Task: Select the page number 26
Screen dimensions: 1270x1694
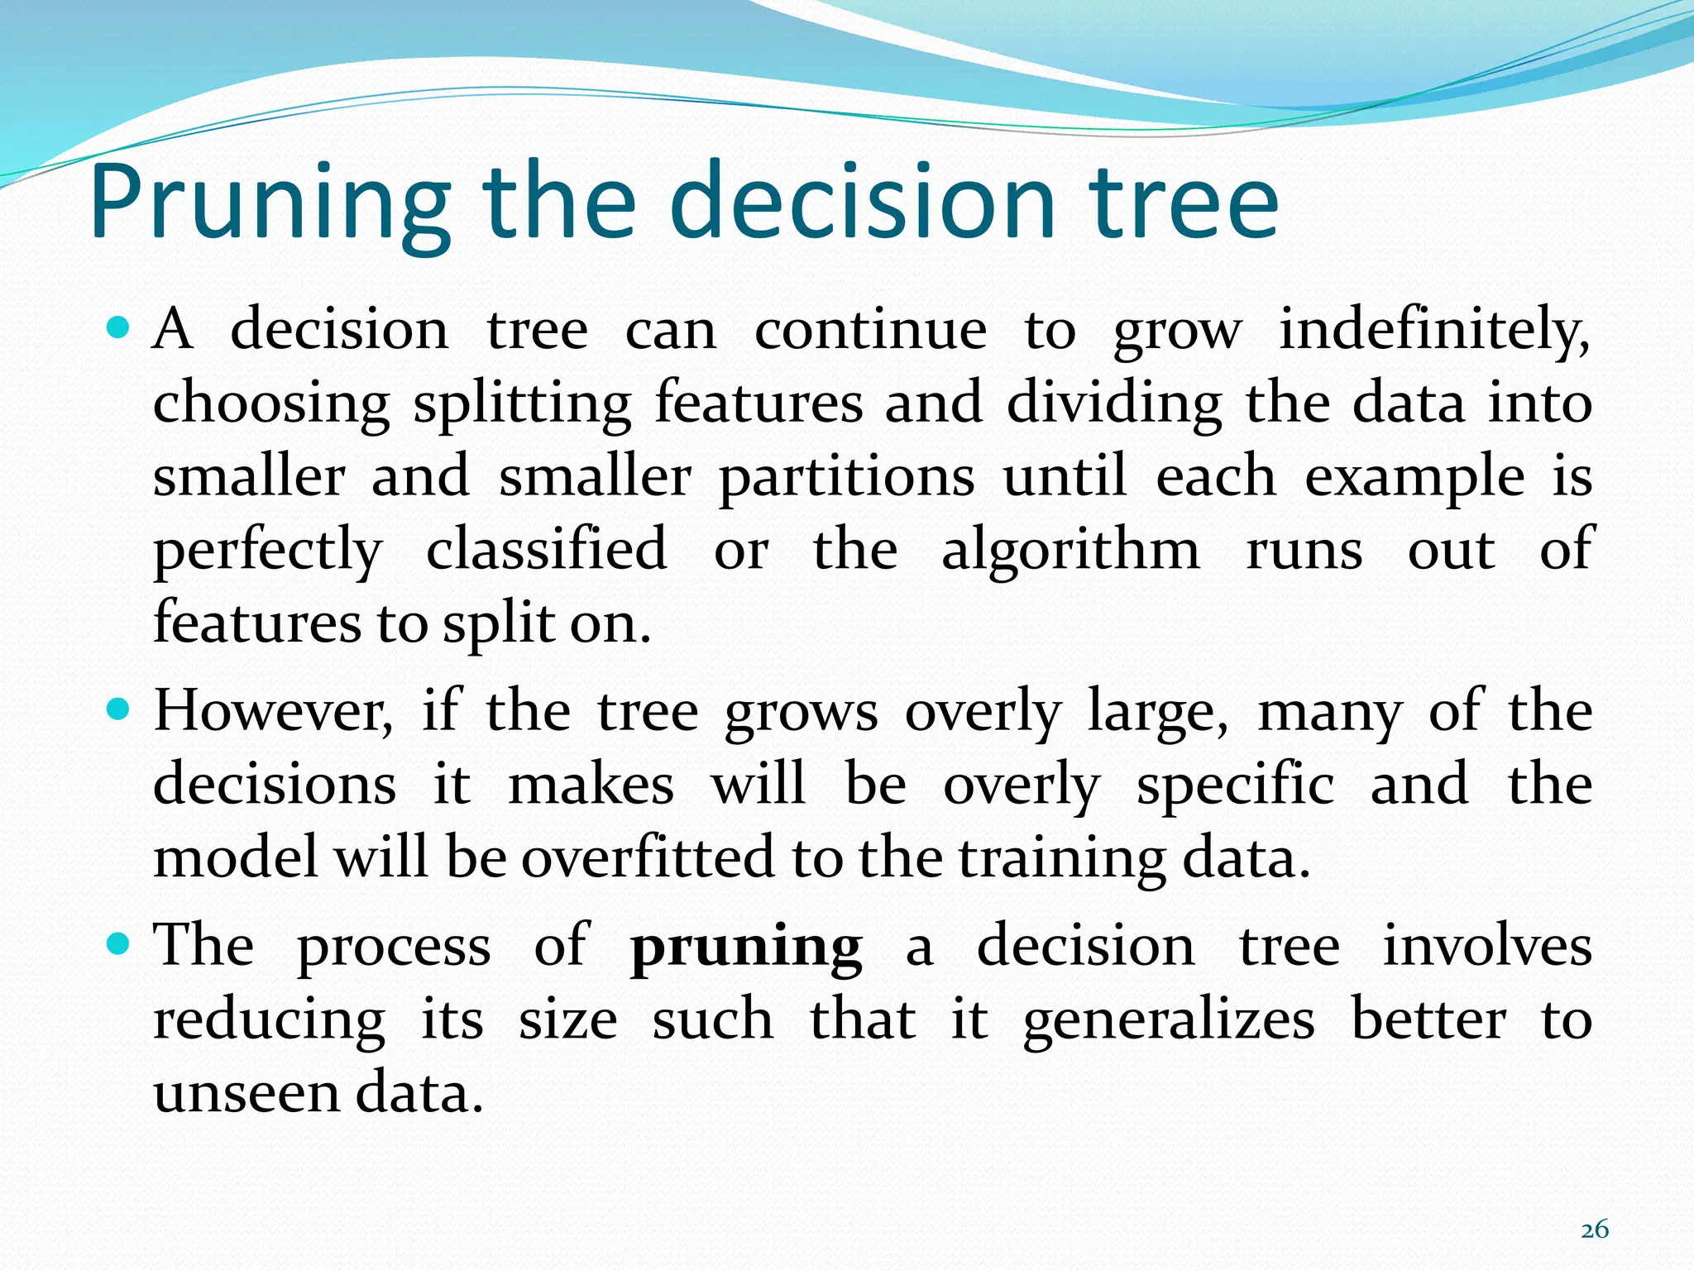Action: (1594, 1229)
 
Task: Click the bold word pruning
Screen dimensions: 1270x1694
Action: (746, 948)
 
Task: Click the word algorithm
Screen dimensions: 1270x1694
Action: (1070, 550)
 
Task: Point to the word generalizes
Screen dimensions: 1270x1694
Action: (1169, 1020)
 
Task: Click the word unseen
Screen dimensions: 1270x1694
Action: (246, 1092)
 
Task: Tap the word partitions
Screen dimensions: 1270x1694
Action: (846, 478)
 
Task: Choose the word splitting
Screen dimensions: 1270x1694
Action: (522, 404)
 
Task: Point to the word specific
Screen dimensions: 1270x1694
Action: (1235, 785)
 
